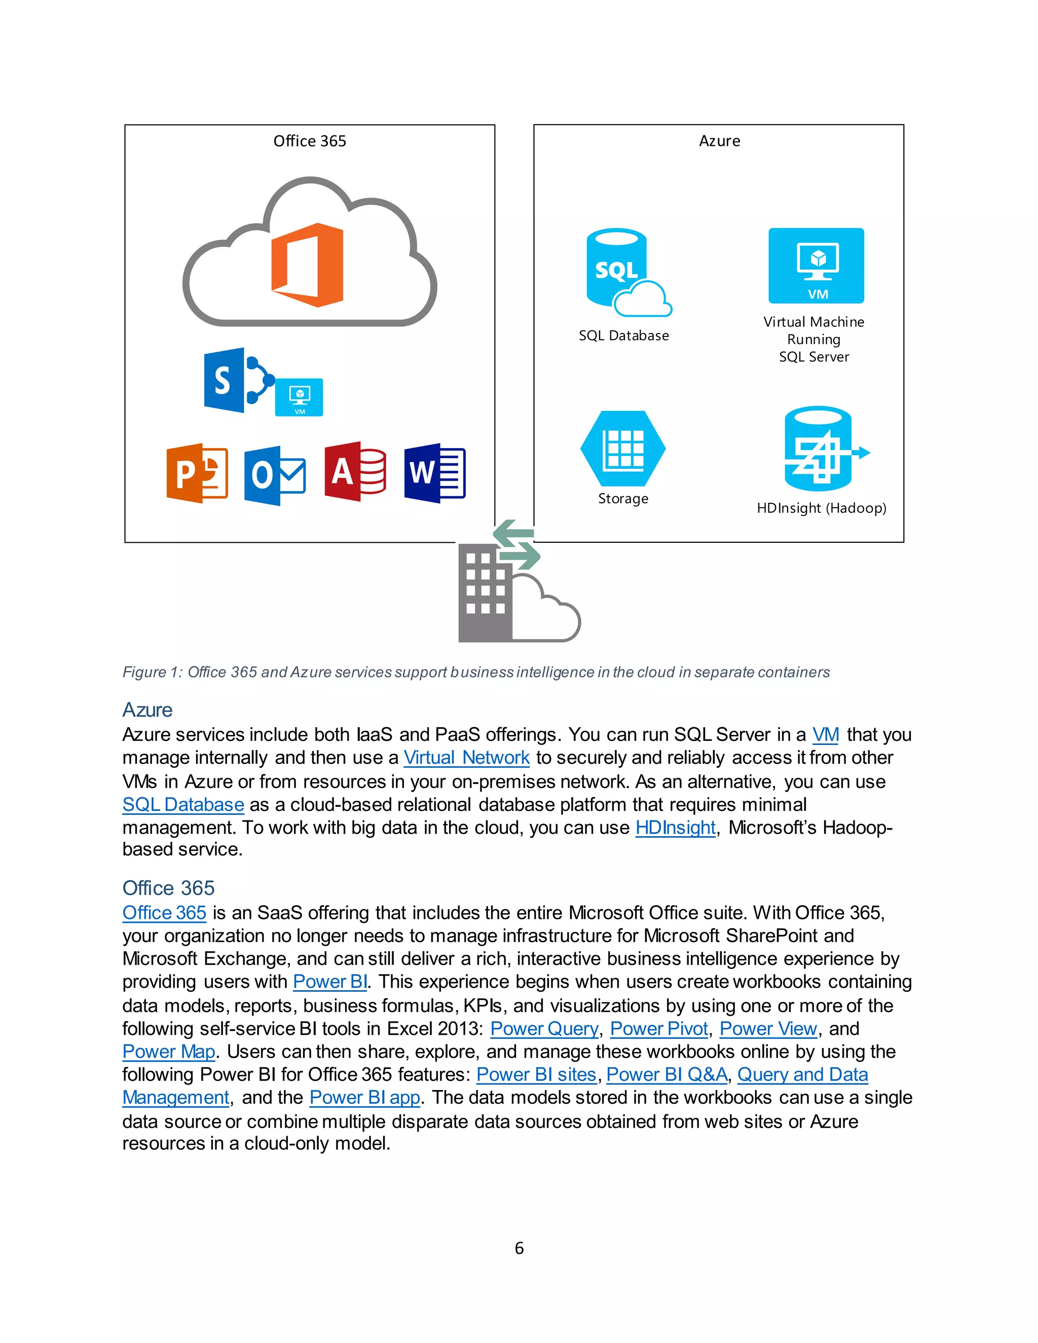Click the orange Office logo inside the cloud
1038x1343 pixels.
pos(308,265)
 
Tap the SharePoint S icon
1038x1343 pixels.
pos(225,380)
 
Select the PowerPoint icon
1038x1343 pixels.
pos(197,473)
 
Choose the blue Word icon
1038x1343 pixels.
pos(434,473)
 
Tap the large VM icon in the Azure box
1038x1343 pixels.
pos(816,266)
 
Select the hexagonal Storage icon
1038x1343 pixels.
pos(623,449)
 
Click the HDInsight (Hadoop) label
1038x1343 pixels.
pos(821,508)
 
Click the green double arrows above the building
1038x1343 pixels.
pos(516,545)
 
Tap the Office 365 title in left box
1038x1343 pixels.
pos(309,141)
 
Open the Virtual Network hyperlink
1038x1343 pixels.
pos(466,758)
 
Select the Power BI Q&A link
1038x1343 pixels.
pos(666,1074)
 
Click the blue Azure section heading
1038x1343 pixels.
pos(147,710)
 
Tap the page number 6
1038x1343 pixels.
pos(519,1248)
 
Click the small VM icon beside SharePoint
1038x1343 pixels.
pos(299,397)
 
